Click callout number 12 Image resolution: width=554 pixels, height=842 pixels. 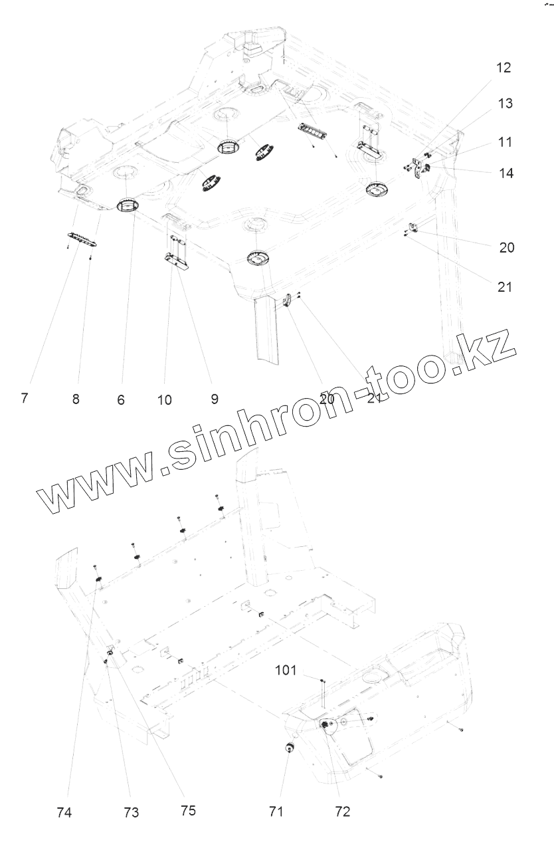tap(503, 68)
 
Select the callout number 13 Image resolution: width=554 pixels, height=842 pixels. tap(504, 104)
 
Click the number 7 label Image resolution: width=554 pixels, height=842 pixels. tap(24, 399)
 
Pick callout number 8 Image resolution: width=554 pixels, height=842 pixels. tap(76, 400)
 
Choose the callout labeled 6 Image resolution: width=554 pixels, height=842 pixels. tap(121, 401)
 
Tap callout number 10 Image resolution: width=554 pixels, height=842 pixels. tap(164, 400)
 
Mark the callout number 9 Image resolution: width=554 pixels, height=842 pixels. tap(214, 399)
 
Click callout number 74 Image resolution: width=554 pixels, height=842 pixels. tap(64, 812)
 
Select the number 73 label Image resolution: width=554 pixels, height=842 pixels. tap(131, 812)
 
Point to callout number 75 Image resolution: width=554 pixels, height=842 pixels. tap(188, 810)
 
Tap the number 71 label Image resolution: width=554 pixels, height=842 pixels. tap(276, 811)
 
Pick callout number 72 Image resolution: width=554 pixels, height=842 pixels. tap(342, 811)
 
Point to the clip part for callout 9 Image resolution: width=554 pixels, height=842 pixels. tap(176, 259)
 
